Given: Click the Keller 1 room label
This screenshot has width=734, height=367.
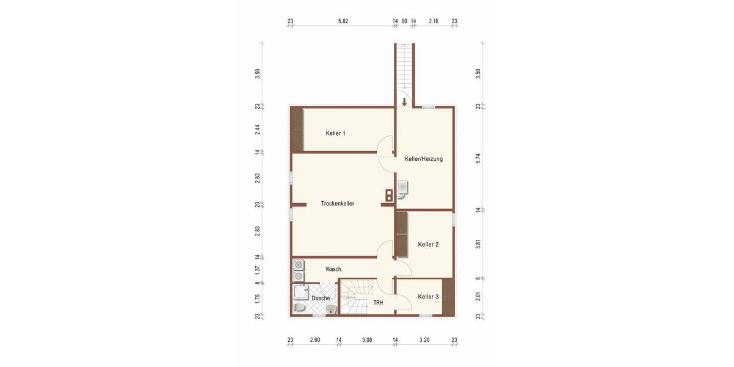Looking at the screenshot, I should point(336,133).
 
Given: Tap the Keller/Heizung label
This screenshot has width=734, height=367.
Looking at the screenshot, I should point(423,159).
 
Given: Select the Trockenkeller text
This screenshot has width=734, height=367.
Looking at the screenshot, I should point(338,204).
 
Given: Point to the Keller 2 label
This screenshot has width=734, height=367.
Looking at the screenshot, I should point(428,245).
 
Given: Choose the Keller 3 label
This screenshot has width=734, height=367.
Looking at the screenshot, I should point(428,297).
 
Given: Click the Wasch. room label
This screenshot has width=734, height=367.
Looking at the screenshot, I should point(334,270).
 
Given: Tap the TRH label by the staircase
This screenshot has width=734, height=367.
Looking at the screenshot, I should point(378,303).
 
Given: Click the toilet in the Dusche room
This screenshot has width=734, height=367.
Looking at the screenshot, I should point(299,308).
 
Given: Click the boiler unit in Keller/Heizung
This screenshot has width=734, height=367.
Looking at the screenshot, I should point(402,187).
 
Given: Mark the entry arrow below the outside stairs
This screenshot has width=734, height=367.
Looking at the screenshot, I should point(404,102).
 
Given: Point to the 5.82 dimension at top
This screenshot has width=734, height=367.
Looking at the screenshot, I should point(343,21).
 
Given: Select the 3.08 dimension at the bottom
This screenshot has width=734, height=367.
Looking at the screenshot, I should point(367,341).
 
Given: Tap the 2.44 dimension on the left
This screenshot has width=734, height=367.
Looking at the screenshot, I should point(258,130).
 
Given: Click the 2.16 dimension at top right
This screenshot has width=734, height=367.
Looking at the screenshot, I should point(434,21).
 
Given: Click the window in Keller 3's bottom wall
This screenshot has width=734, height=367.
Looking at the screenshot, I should point(426,315).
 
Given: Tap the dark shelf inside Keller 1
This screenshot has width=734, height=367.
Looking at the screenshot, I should point(297,130).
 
